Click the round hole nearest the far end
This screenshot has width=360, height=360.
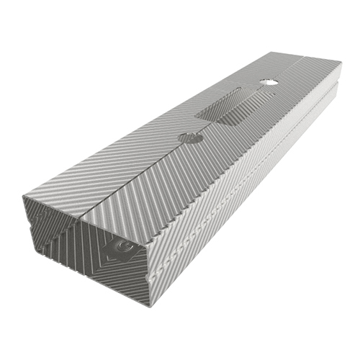(269, 82)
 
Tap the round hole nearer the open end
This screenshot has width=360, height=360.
(190, 138)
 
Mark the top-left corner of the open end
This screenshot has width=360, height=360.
(25, 194)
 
